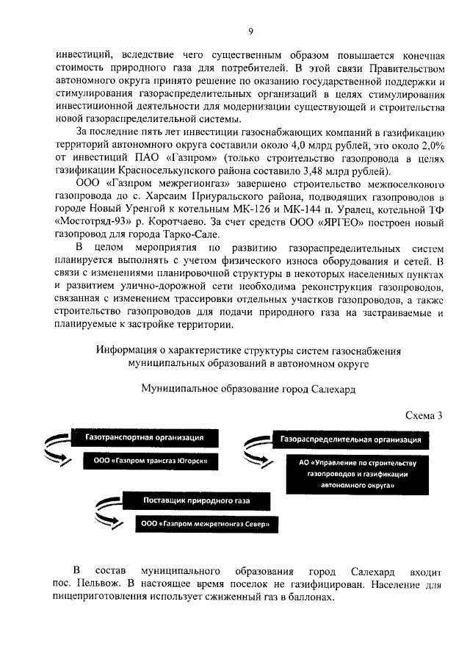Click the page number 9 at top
(250, 31)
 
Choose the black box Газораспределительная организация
(350, 439)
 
